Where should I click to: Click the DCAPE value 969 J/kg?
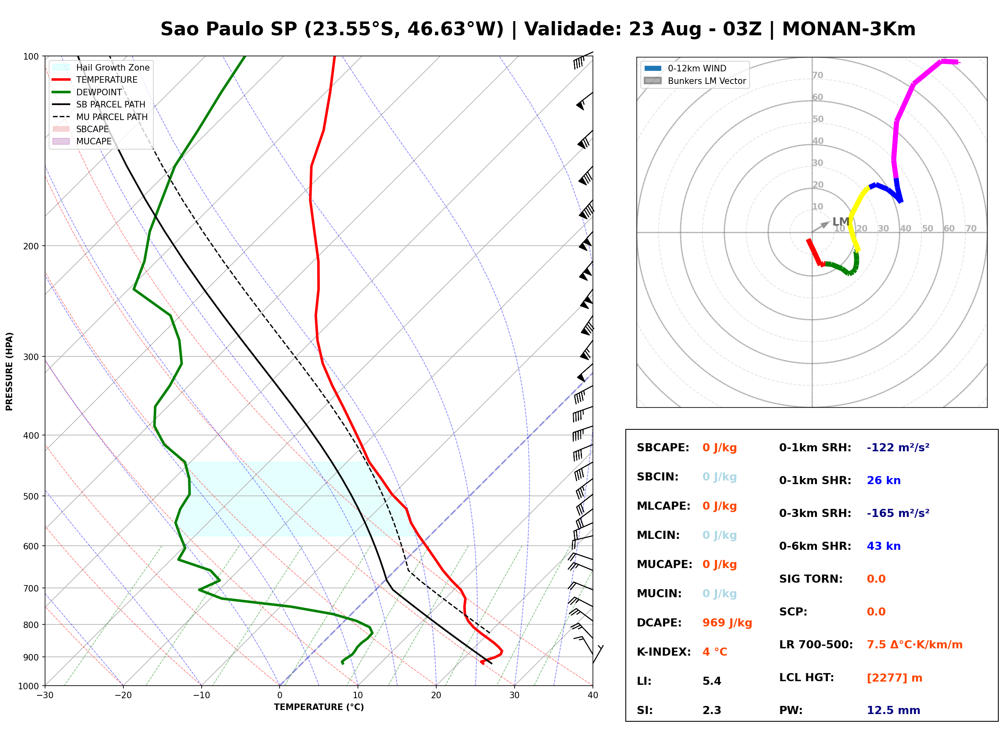727,623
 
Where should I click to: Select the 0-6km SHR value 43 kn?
883,546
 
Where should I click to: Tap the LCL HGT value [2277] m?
894,678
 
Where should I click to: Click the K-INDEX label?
664,652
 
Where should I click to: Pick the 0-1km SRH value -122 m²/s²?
898,448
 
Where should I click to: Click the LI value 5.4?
711,681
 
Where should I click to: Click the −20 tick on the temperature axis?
123,695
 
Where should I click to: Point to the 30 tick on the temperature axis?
515,695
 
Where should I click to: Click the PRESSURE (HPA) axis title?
9,371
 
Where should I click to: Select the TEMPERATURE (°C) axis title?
319,707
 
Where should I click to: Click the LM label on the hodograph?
840,221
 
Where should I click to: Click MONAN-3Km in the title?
849,29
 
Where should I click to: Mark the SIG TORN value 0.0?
876,579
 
